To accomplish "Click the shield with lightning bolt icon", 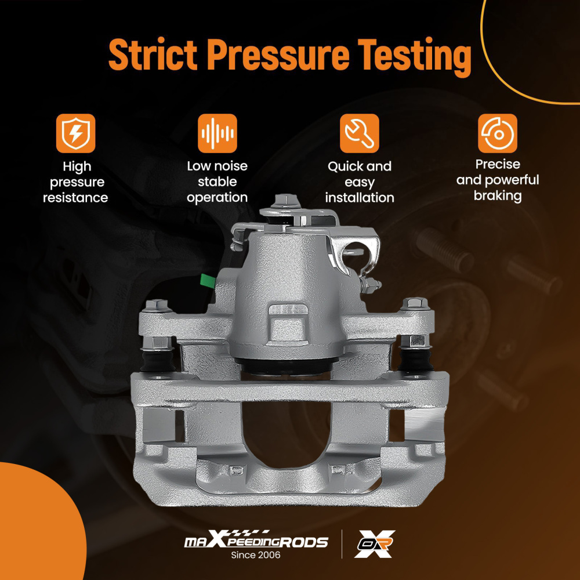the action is pos(75,133).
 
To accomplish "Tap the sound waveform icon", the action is pos(217,133).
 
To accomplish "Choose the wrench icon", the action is pos(359,133).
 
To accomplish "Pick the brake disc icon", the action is pos(498,133).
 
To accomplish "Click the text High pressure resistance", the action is pos(75,182).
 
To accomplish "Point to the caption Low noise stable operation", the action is pos(217,182).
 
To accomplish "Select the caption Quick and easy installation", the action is pos(360,182).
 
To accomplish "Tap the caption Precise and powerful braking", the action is pos(498,180).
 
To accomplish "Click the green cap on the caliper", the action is pos(208,281).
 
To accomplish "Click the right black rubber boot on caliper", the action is pos(416,360).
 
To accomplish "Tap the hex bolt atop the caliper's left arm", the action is pos(157,306).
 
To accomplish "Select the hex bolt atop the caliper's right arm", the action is pos(415,304).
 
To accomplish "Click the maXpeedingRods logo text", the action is pos(256,539).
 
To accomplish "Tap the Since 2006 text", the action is pos(256,555).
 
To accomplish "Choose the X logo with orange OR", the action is pos(374,543).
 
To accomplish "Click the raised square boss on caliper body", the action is pos(288,324).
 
